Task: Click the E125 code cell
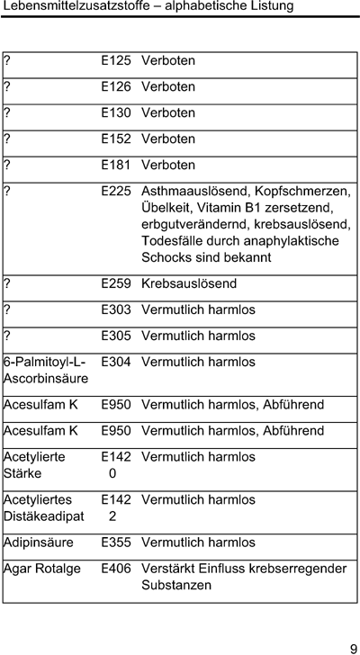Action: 116,61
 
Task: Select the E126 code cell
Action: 116,87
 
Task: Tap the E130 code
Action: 116,113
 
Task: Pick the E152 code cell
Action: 116,139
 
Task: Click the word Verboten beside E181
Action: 168,166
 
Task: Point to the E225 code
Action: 116,192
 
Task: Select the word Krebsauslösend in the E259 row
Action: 189,284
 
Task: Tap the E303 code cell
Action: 116,310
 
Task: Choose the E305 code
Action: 116,336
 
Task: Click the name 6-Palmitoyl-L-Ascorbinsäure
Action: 45,371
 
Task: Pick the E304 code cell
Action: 116,363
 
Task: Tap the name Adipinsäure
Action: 39,543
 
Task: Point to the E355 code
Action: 116,543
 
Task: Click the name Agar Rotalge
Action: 42,570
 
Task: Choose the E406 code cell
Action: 116,570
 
